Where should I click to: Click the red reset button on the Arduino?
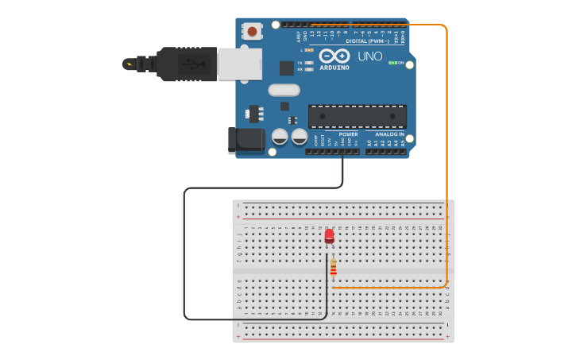[x=252, y=32]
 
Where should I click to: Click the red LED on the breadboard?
[x=330, y=235]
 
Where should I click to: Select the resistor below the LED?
[x=333, y=267]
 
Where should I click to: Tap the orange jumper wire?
[x=446, y=159]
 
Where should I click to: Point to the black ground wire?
[x=184, y=254]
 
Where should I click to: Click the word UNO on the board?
[x=370, y=56]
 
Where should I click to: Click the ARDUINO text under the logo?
[x=334, y=68]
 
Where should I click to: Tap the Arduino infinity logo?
[x=334, y=56]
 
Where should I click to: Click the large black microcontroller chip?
[x=357, y=116]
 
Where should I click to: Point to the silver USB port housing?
[x=239, y=64]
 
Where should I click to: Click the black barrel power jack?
[x=245, y=141]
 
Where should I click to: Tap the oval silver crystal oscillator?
[x=284, y=90]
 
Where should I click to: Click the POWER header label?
[x=348, y=134]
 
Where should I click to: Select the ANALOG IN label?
[x=389, y=134]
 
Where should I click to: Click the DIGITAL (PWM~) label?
[x=373, y=41]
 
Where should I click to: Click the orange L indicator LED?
[x=309, y=50]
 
